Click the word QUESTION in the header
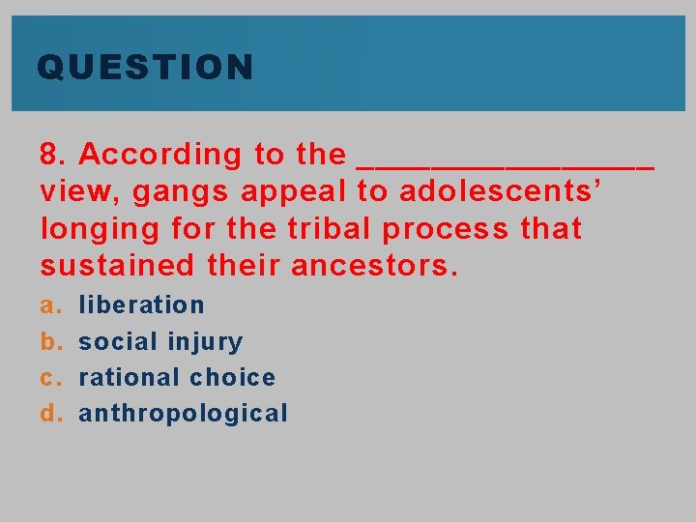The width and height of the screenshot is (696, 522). [145, 68]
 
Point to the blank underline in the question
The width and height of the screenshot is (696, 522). [506, 164]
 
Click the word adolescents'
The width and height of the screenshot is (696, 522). [502, 191]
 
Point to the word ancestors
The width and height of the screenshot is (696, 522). [381, 266]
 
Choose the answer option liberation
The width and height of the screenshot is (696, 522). [141, 304]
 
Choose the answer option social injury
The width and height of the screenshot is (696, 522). [160, 341]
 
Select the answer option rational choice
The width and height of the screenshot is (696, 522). [177, 377]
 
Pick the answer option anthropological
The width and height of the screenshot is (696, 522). [183, 414]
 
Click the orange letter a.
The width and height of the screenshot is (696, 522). [48, 305]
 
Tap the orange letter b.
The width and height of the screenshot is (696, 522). [48, 341]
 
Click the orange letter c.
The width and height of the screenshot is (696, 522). [48, 378]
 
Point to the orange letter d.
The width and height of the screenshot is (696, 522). [48, 414]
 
